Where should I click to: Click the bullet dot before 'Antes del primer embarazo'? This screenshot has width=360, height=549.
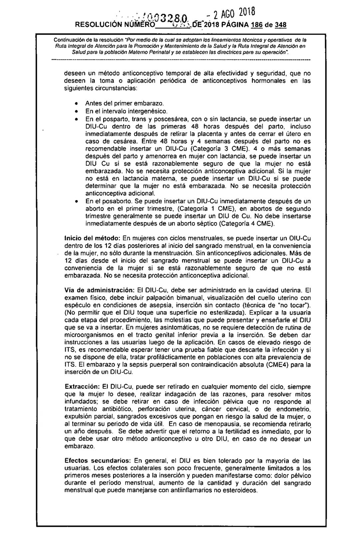click(x=76, y=104)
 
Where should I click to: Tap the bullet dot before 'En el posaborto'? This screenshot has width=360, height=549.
click(x=76, y=201)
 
